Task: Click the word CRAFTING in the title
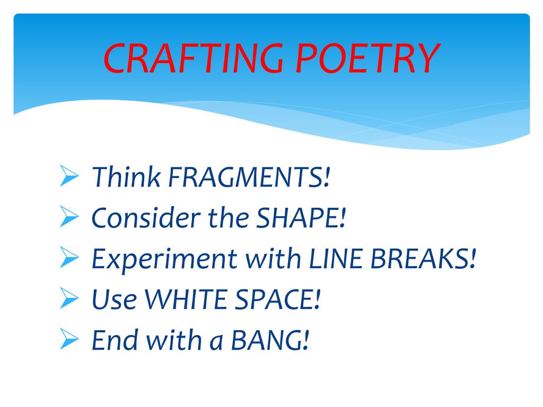click(193, 58)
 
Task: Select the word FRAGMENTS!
click(249, 177)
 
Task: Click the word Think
click(126, 176)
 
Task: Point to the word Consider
click(146, 218)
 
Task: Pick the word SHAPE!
click(301, 218)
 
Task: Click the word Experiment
click(164, 259)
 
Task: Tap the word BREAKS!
click(423, 259)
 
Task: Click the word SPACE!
click(277, 299)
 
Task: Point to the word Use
click(115, 299)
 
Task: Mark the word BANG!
click(270, 340)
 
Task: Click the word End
click(115, 340)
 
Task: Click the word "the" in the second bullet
click(228, 218)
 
